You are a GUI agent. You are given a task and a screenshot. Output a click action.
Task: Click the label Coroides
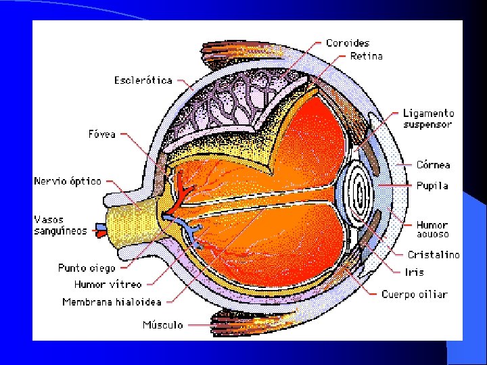(348, 43)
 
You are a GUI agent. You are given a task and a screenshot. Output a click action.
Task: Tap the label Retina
(366, 56)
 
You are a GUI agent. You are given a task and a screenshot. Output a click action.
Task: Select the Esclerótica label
(143, 80)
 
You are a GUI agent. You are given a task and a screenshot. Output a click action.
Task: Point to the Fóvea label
(101, 134)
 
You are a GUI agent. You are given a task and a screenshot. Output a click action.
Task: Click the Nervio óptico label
(68, 181)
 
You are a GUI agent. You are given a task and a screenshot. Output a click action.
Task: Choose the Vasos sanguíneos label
(61, 225)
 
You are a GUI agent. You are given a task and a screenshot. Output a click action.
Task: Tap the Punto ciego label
(87, 268)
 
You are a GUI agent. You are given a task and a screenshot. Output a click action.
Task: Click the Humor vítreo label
(108, 285)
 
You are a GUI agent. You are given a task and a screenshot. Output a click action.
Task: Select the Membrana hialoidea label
(112, 302)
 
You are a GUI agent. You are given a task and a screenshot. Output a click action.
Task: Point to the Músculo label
(162, 325)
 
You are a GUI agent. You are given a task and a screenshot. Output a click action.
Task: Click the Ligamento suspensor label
(428, 119)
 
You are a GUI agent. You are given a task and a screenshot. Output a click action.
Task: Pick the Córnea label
(433, 164)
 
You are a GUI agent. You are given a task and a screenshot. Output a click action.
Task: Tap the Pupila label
(432, 185)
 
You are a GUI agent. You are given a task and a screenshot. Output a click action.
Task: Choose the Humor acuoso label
(432, 229)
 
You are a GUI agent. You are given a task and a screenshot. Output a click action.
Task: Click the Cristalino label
(433, 255)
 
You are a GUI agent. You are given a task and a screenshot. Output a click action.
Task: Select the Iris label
(414, 272)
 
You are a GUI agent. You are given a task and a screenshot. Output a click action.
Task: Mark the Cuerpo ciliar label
(414, 295)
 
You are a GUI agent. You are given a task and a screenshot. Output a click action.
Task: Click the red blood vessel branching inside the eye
(184, 189)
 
